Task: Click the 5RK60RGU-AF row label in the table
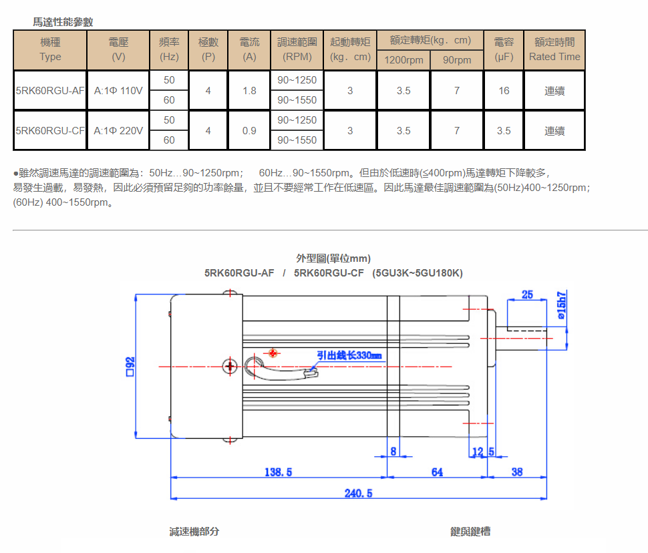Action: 50,90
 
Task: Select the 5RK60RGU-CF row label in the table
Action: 50,130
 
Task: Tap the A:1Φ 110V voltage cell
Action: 118,90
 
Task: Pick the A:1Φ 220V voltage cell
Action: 118,130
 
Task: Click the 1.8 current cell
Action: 249,90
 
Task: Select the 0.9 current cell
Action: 249,130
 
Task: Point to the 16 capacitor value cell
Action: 504,90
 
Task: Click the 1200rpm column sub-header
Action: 403,60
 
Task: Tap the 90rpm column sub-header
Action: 457,60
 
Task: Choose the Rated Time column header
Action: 554,50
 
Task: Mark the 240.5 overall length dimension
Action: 358,493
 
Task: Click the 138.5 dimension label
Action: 279,472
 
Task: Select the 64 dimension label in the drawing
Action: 437,472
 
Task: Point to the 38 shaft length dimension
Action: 517,472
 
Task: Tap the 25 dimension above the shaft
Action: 527,295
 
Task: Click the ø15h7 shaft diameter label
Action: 561,307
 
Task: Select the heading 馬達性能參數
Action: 63,22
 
